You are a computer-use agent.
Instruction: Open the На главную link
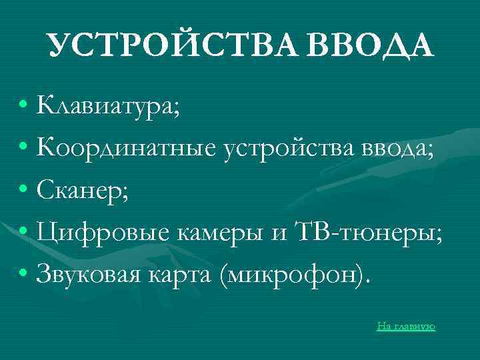tap(406, 326)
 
